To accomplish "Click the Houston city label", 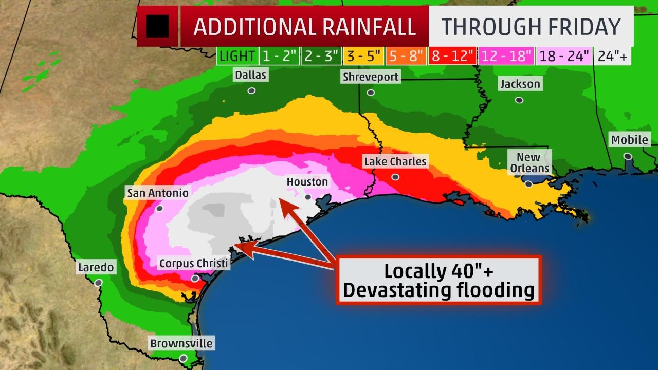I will [x=307, y=182].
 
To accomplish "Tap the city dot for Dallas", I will [x=251, y=90].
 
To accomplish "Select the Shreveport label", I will [x=370, y=77].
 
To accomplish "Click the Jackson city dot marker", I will [x=519, y=100].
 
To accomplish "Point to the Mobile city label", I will [x=630, y=139].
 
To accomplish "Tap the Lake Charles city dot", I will [x=395, y=177].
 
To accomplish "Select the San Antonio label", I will [x=158, y=193].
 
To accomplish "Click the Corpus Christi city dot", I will [x=195, y=279].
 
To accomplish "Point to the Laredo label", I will [x=96, y=267].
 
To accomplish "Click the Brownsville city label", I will [x=181, y=343].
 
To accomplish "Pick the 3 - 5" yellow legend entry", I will [x=364, y=56].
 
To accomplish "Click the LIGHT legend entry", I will [x=237, y=56].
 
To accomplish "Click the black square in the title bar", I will [x=157, y=26].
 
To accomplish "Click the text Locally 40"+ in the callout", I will [x=438, y=271].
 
